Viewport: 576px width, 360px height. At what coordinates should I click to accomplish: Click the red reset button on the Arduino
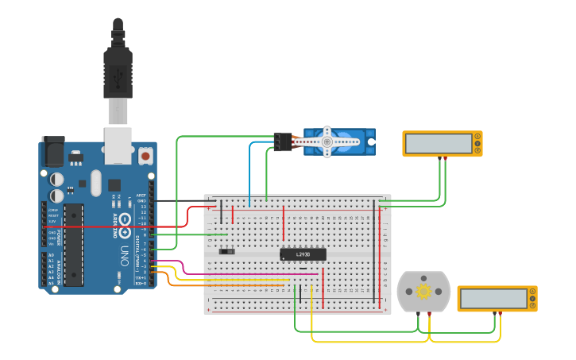pos(146,156)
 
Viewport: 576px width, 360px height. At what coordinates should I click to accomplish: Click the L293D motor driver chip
pos(303,254)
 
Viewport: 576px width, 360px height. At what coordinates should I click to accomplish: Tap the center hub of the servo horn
pos(327,141)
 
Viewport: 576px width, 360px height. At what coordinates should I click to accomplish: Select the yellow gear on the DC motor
pos(423,292)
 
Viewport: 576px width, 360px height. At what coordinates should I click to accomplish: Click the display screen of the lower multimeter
pos(493,298)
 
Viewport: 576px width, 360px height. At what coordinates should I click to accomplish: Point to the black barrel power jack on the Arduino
pos(53,151)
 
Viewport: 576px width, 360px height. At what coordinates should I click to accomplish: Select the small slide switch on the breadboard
pos(226,251)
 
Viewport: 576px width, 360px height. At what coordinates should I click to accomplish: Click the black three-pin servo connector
pos(282,141)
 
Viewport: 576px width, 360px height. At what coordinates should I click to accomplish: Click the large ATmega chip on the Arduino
pos(73,244)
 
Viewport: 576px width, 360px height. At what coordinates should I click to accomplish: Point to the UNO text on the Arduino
pos(125,255)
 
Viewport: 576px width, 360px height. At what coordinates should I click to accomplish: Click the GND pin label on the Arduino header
pos(142,200)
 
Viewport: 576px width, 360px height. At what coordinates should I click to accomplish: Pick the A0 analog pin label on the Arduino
pos(51,255)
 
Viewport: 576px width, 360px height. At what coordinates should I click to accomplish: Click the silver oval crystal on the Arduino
pos(96,182)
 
